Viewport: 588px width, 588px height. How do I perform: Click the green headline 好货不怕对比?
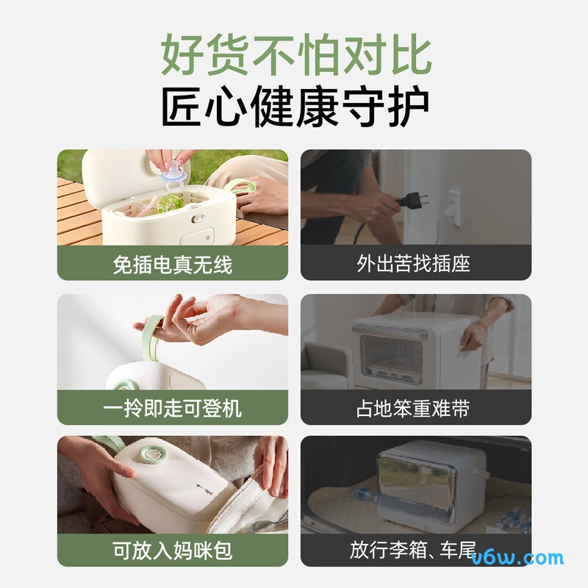point(294,55)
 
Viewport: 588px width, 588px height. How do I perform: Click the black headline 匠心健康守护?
point(294,109)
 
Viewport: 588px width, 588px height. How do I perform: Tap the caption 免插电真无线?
point(173,263)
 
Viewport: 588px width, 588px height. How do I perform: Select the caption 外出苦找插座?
point(415,263)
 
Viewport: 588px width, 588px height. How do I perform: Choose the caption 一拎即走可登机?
point(173,407)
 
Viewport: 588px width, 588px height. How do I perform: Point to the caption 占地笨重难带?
point(415,407)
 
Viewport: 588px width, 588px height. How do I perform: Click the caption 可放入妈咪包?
point(173,550)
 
